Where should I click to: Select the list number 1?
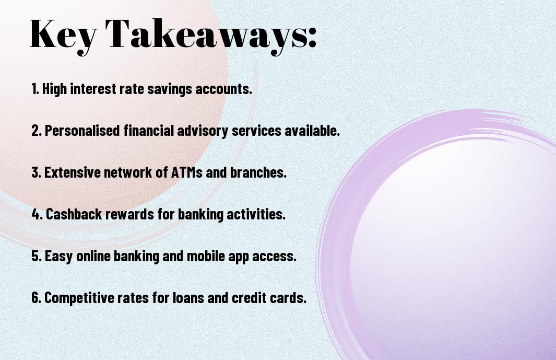pos(35,89)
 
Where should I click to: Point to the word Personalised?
pos(82,130)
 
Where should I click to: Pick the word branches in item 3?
pos(258,172)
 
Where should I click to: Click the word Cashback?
pos(74,214)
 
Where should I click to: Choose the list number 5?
pos(36,256)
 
